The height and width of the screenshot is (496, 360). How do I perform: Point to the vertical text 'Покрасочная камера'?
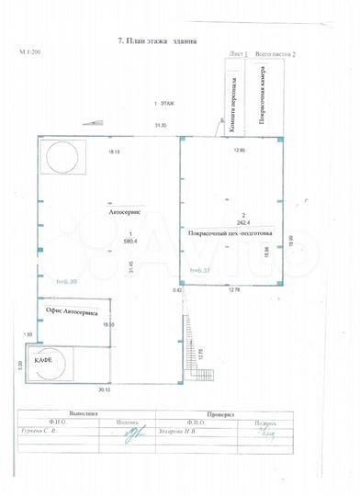[x=263, y=97]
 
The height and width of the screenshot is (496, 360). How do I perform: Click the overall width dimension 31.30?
[x=162, y=124]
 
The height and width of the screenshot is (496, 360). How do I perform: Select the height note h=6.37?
[x=200, y=270]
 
